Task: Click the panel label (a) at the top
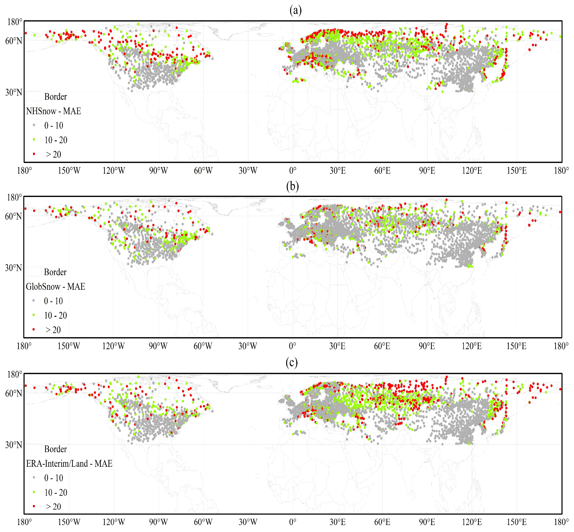click(295, 11)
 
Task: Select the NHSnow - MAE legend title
click(54, 111)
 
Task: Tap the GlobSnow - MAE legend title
click(55, 287)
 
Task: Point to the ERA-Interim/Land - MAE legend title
click(69, 464)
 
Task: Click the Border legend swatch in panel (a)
click(34, 96)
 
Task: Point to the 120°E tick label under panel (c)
click(472, 522)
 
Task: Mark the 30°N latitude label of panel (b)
click(13, 268)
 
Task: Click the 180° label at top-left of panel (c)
click(14, 375)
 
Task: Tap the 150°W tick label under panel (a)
click(69, 171)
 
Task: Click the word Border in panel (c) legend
click(55, 449)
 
